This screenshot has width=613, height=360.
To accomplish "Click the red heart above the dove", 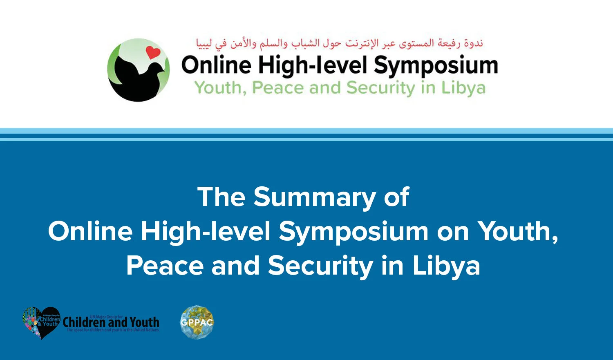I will (153, 52).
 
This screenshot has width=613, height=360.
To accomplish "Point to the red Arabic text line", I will (339, 43).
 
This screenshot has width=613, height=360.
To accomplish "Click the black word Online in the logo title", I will (216, 65).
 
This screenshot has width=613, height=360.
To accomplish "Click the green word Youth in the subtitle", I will (219, 88).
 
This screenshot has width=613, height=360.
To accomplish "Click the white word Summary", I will (314, 198).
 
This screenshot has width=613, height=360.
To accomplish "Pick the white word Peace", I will (165, 266).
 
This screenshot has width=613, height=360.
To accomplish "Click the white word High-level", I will (206, 231).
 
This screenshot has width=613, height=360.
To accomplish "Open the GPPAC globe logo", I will (197, 322).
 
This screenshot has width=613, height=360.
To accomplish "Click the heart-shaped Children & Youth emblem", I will (41, 323).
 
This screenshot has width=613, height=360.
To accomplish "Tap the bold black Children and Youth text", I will (111, 322).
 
